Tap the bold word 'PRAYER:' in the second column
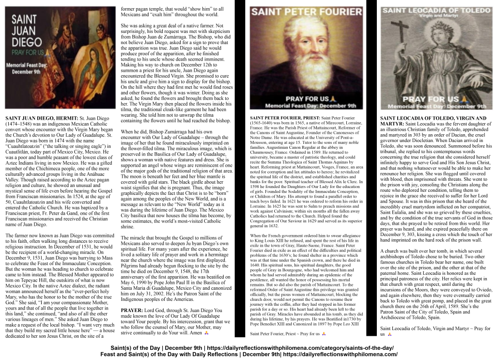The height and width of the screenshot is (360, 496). coord(132,310)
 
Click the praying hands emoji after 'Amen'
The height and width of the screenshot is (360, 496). coord(206,333)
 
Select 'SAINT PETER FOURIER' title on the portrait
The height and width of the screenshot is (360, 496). coord(306,12)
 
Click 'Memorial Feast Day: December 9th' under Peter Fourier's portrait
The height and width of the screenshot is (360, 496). coord(307,106)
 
